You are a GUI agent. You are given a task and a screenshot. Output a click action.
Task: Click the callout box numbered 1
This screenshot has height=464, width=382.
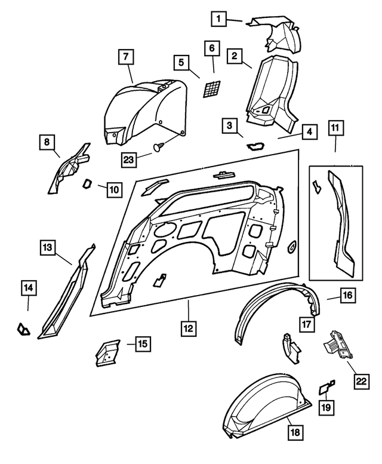point(220,19)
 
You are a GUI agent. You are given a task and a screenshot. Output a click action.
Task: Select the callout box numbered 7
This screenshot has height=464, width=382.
point(125,58)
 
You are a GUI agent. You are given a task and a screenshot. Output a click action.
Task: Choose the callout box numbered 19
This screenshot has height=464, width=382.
point(326,407)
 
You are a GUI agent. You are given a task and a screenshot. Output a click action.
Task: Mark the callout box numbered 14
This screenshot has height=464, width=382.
point(28,288)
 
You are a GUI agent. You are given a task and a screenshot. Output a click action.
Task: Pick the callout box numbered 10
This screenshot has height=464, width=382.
point(114,190)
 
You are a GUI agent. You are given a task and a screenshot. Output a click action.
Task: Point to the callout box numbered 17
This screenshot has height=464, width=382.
point(307,324)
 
